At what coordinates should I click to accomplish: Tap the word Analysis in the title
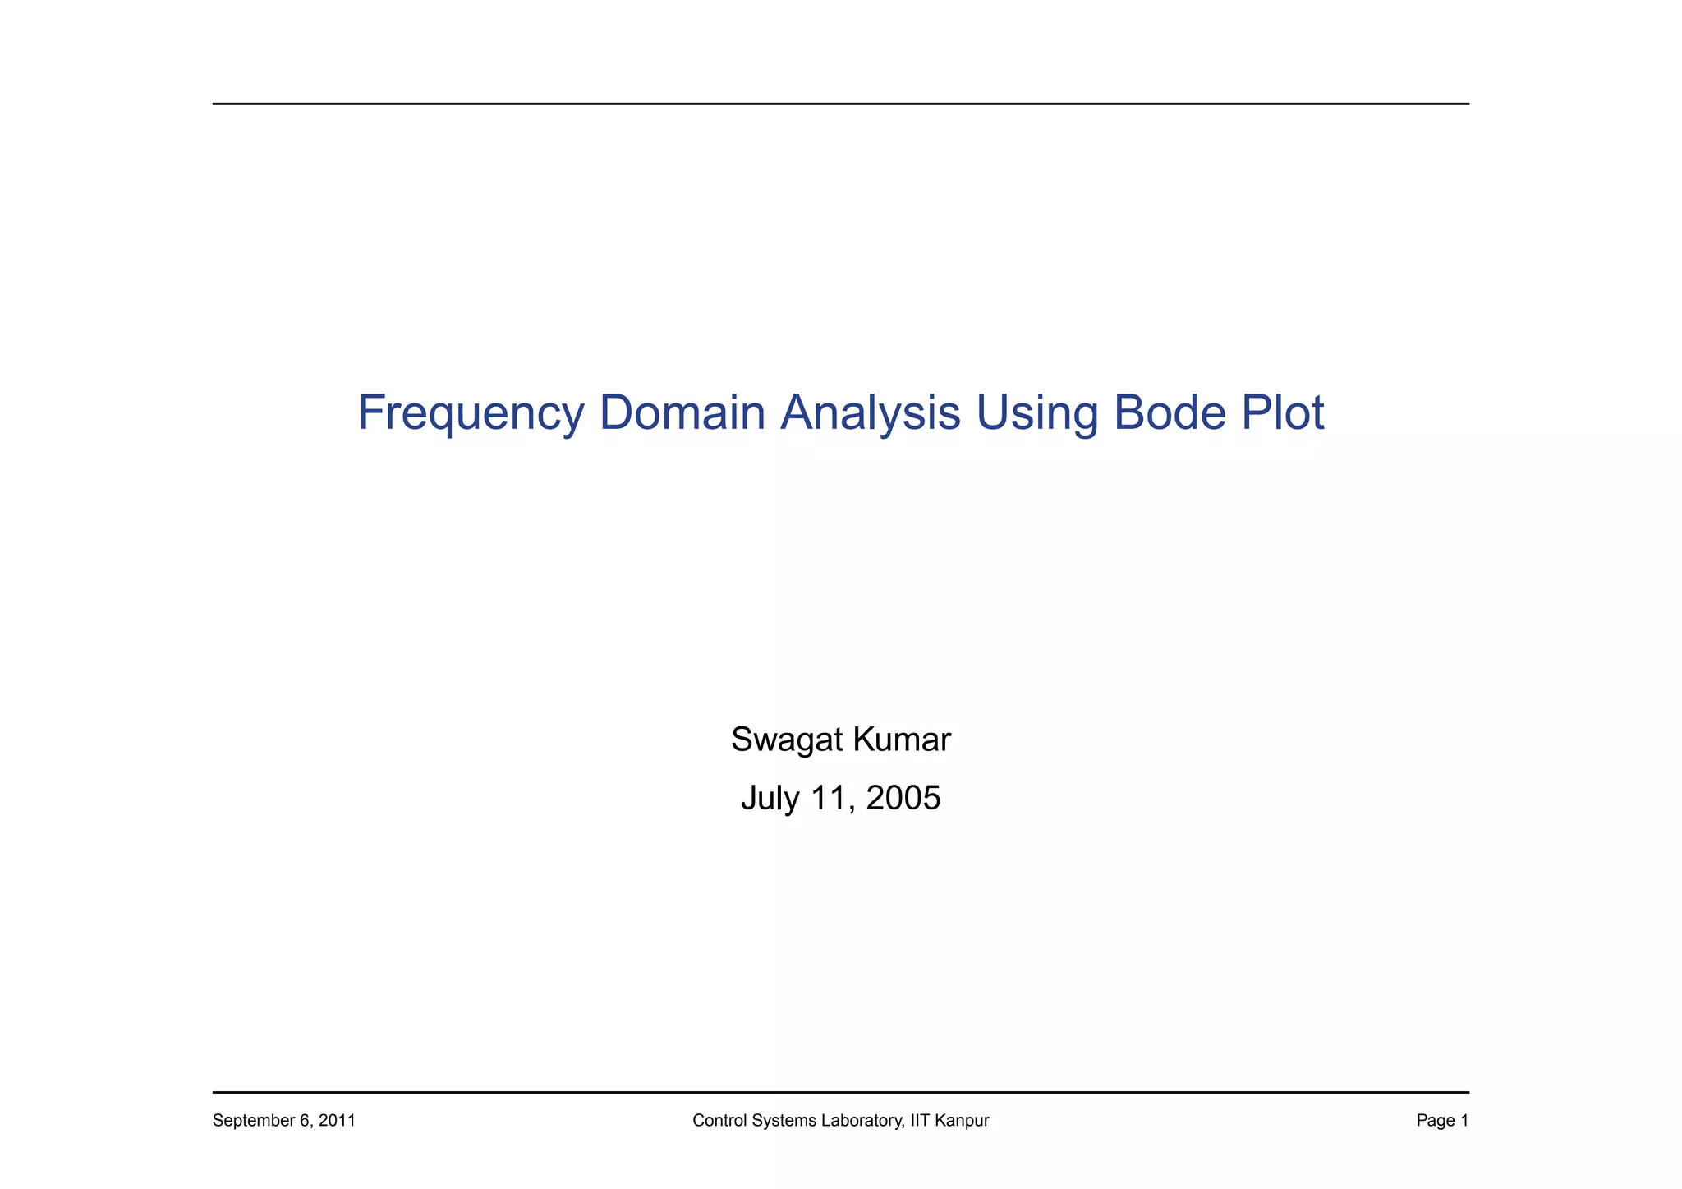[x=871, y=413]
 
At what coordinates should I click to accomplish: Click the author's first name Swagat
[x=786, y=740]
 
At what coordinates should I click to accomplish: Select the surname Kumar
[x=902, y=740]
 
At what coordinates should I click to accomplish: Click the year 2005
[x=903, y=798]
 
